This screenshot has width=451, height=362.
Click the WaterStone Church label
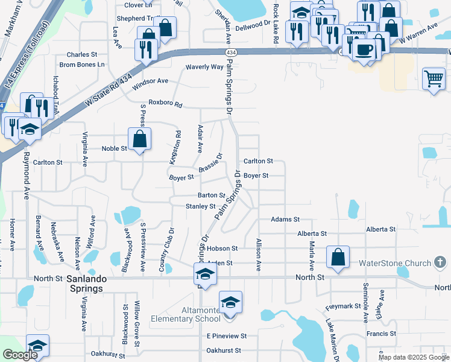395,263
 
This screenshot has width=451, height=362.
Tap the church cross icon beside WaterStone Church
440,262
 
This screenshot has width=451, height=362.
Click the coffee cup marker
364,49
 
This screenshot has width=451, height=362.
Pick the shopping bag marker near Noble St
139,139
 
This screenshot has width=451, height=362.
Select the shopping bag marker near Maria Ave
338,256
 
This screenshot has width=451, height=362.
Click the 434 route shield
232,53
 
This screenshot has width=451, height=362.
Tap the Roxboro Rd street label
165,104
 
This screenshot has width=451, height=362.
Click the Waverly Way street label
204,67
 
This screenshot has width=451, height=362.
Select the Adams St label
285,220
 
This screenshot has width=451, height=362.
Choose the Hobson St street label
222,248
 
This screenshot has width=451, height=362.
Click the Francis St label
380,333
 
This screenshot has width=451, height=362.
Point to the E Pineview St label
226,335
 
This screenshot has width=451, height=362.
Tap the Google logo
20,355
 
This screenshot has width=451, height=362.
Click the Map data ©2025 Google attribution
413,357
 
